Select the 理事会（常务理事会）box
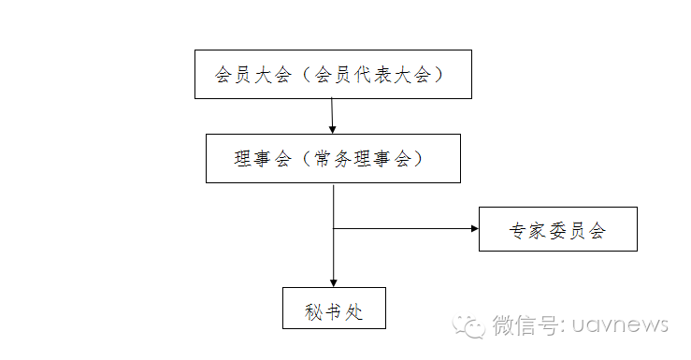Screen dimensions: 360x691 [x=333, y=158]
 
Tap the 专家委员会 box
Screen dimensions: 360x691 [x=557, y=229]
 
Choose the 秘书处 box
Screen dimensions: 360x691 [x=334, y=308]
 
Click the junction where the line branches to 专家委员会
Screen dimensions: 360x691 [x=333, y=227]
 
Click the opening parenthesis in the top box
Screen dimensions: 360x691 [x=299, y=75]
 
